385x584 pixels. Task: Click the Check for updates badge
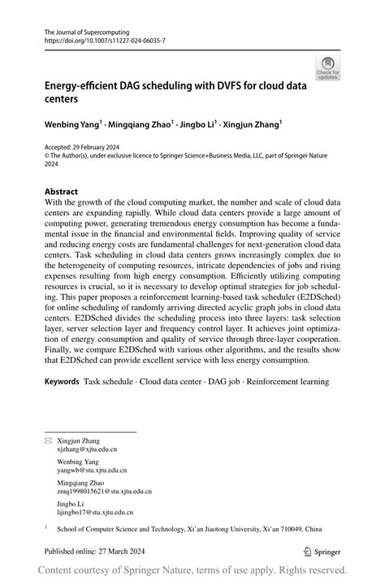[x=327, y=67]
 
